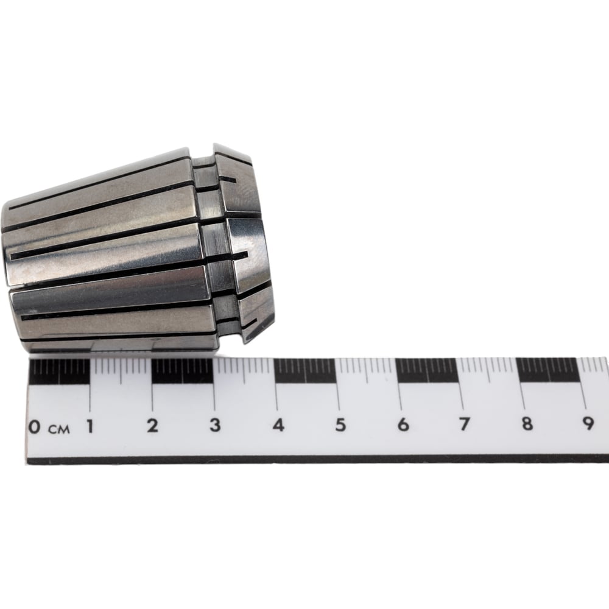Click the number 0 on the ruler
[34, 428]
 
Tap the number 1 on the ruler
[90, 426]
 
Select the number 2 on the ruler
[152, 426]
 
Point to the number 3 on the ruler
[215, 425]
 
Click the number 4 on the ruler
[278, 425]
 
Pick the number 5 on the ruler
[340, 424]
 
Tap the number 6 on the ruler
[403, 424]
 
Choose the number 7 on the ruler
[465, 424]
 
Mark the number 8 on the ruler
[527, 423]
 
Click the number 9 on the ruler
[588, 423]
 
